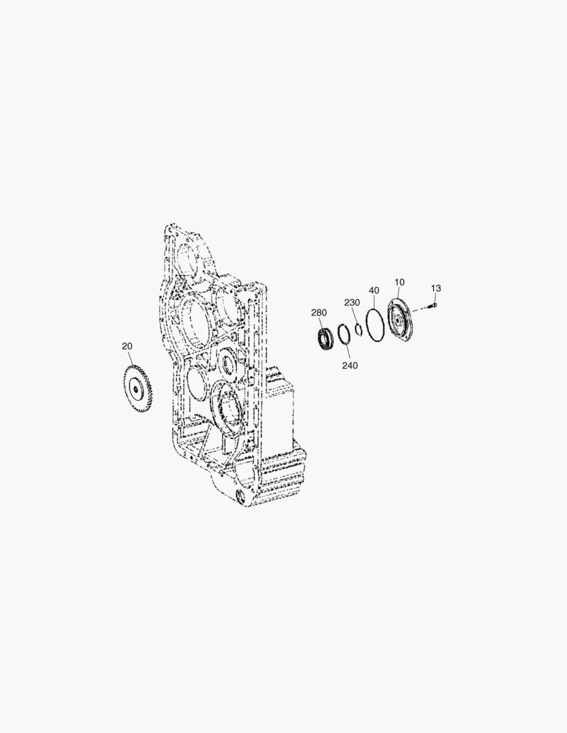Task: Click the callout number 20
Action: (x=127, y=346)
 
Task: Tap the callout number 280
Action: (x=319, y=313)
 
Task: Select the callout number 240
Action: (x=350, y=366)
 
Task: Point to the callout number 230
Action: (x=352, y=303)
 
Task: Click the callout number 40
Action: (x=373, y=290)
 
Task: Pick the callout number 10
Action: (x=399, y=282)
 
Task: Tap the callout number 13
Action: (x=435, y=288)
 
